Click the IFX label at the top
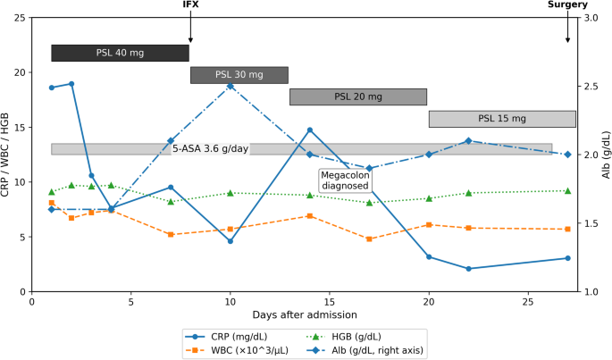coord(190,4)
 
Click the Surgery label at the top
coord(567,4)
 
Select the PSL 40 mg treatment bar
coord(121,53)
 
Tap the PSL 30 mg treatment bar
coord(239,75)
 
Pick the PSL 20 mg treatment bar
coord(358,96)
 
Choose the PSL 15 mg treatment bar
coord(502,119)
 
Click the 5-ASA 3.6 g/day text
coord(210,149)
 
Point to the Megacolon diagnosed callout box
coord(345,180)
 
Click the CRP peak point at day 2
coord(71,84)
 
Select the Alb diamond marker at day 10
coord(231,86)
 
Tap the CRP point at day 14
coord(310,130)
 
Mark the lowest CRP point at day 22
coord(469,269)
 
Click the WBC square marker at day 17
coord(369,239)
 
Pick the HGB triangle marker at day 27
coord(568,191)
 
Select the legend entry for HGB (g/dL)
coord(344,337)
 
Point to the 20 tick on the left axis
coord(21,72)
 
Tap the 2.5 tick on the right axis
coord(591,87)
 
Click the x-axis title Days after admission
coord(305,314)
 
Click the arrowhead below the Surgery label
coord(568,40)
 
